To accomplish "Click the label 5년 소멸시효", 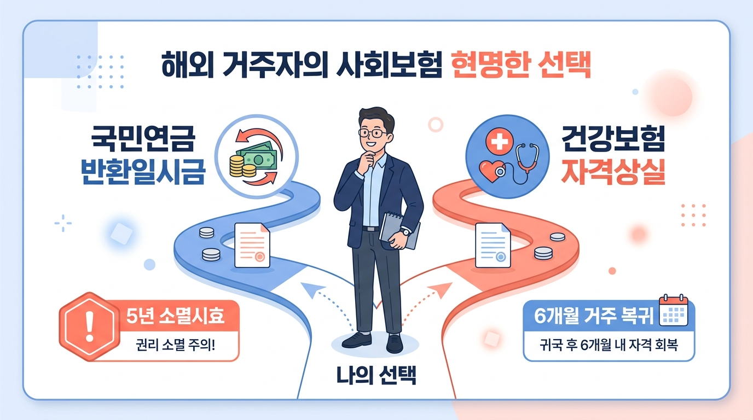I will tap(175, 317).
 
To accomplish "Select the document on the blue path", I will tap(251, 246).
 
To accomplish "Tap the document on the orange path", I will tap(493, 246).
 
